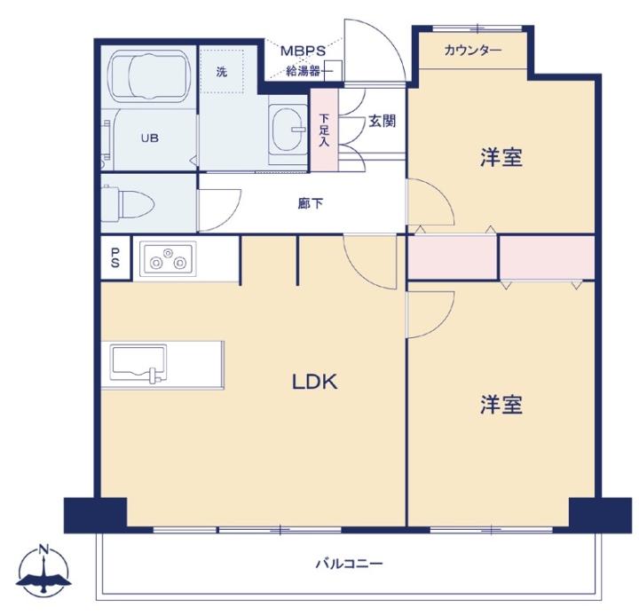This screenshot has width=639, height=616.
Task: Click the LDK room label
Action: tap(314, 382)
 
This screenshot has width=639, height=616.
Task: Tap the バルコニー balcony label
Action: tap(350, 564)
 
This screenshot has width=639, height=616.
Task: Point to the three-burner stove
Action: tap(168, 259)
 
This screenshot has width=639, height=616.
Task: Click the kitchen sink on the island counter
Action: tap(139, 364)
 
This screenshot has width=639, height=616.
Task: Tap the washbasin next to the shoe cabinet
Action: tap(288, 129)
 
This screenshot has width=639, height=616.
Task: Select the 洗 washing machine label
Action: tap(222, 72)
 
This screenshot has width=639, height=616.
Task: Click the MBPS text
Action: tap(304, 51)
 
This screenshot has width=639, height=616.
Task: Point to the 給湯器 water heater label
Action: tap(303, 71)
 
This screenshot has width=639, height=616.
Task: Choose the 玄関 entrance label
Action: tap(382, 121)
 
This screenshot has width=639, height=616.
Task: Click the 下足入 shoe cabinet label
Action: tap(324, 130)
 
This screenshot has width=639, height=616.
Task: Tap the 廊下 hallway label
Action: tap(311, 203)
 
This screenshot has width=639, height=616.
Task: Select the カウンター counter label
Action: tap(472, 51)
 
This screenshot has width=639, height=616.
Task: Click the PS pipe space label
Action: tap(114, 258)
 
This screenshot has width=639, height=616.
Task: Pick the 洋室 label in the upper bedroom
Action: tap(501, 157)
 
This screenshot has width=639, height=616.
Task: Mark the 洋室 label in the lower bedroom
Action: tap(501, 405)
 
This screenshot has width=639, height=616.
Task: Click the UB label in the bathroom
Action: tap(150, 138)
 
